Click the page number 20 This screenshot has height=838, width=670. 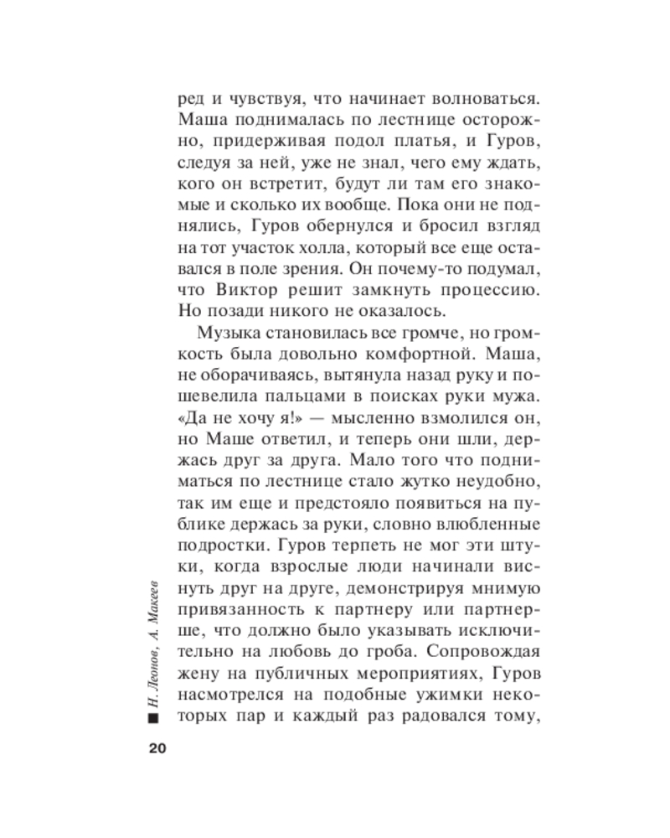159,748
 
